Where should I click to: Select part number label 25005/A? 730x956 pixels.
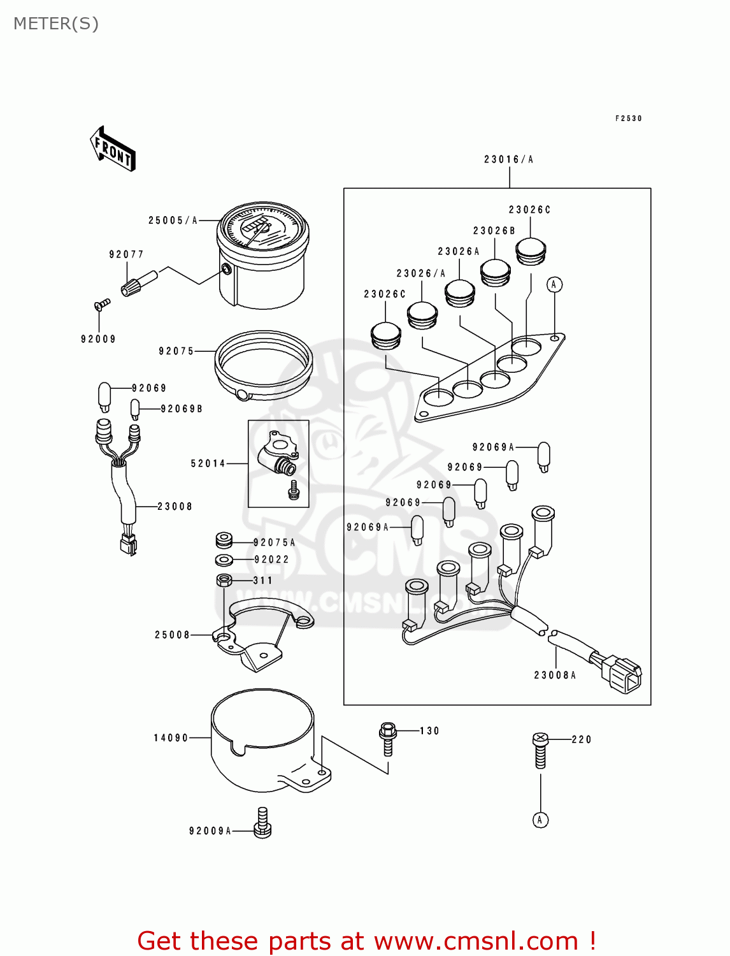(x=173, y=221)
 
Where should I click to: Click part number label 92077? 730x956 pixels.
(x=126, y=254)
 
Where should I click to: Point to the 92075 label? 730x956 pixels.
(x=176, y=351)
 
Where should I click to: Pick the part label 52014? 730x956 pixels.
(x=208, y=463)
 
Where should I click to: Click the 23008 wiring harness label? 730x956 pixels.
(x=175, y=507)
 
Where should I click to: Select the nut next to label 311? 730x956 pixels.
(x=224, y=580)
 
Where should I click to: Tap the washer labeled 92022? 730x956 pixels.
(x=224, y=560)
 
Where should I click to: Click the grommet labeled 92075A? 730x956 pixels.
(x=224, y=541)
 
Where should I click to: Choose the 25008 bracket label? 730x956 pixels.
(x=173, y=635)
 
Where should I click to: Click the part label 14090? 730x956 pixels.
(x=171, y=738)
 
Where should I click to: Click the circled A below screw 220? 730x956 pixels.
(x=540, y=820)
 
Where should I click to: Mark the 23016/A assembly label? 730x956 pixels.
(x=508, y=159)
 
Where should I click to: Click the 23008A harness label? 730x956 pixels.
(x=555, y=676)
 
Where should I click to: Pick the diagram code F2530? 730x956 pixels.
(x=629, y=119)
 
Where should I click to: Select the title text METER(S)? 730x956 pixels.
(x=56, y=24)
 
